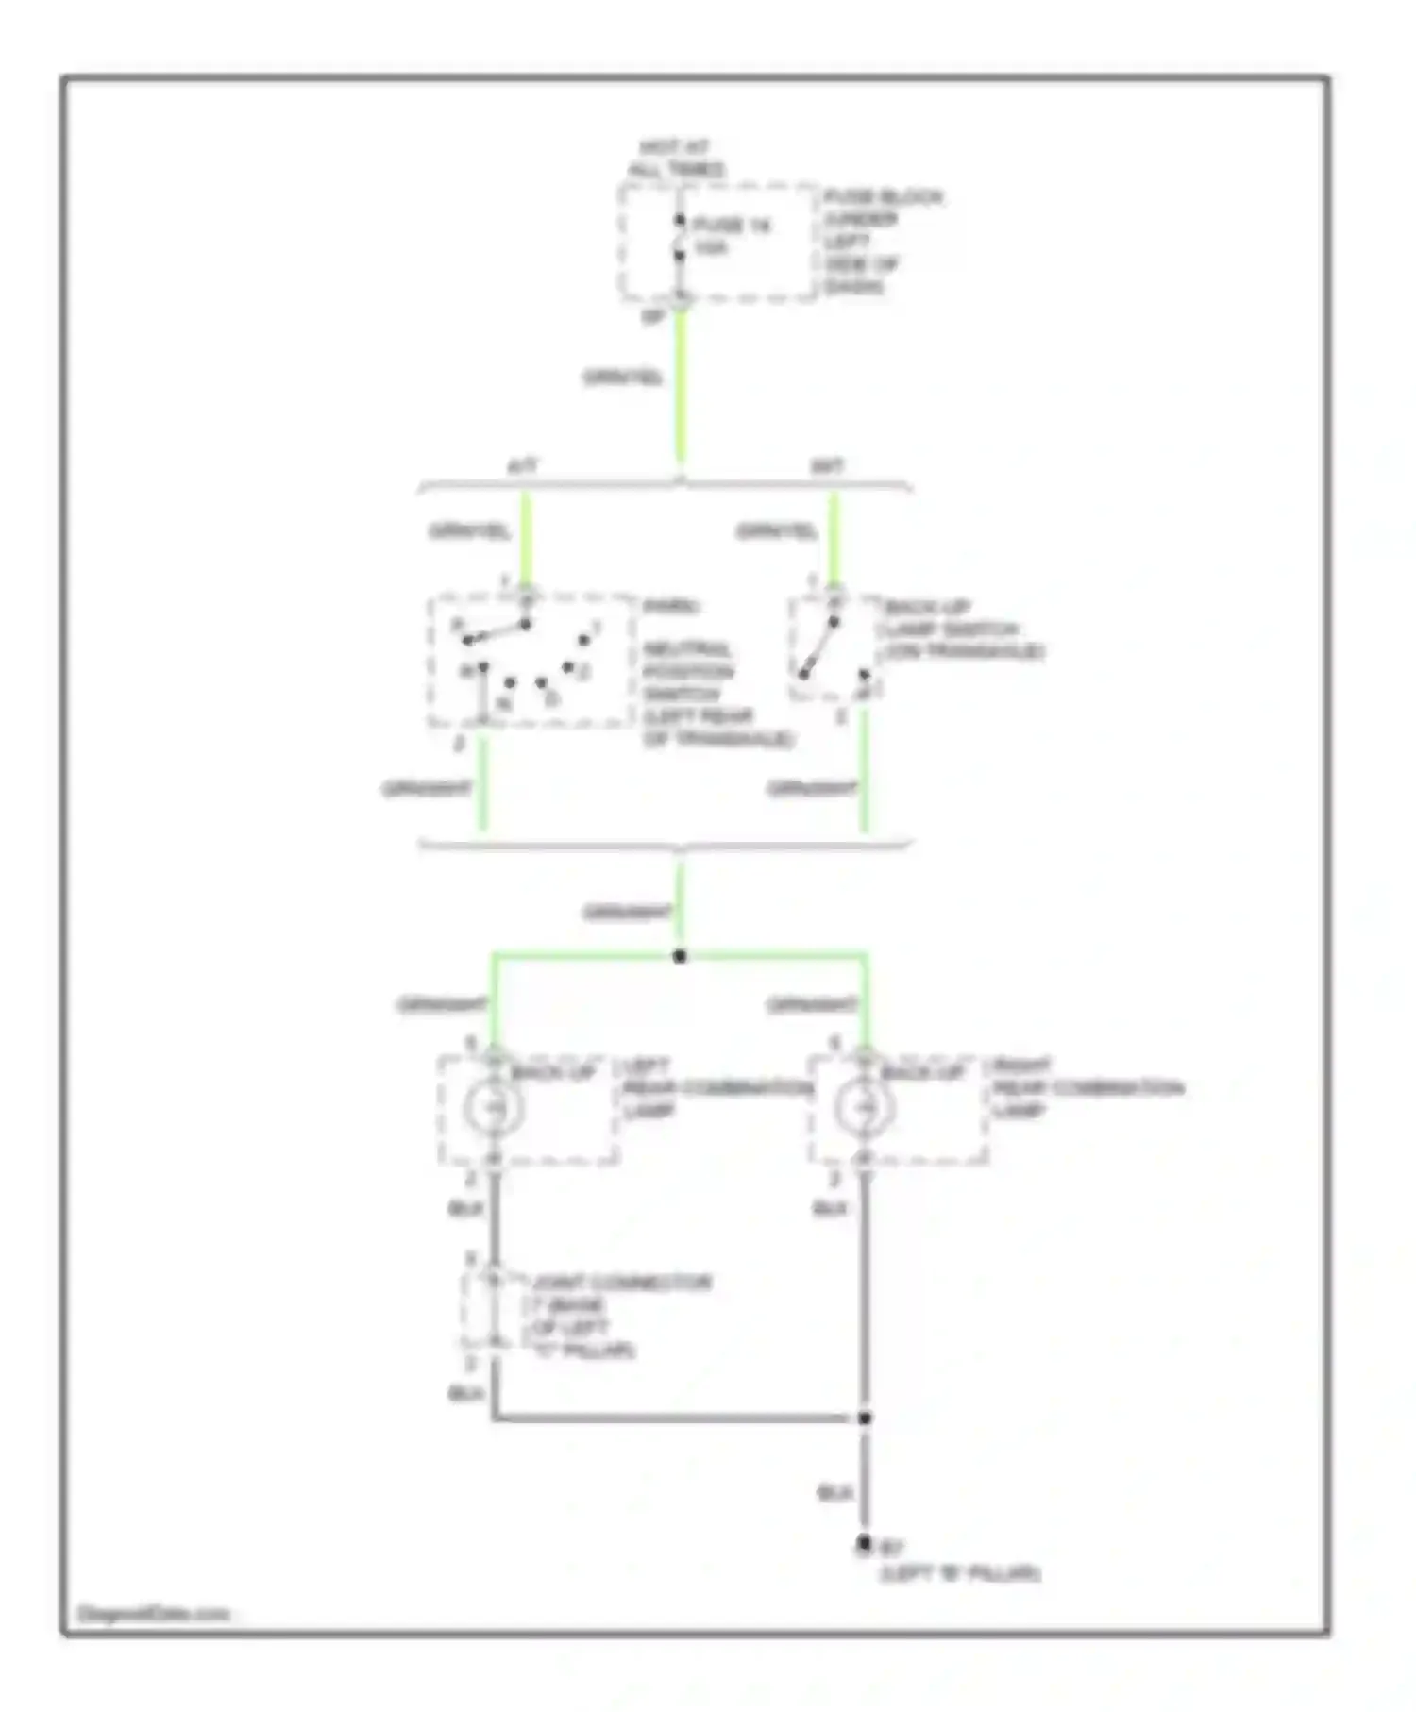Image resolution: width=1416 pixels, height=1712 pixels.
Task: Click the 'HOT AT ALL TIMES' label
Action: (x=676, y=159)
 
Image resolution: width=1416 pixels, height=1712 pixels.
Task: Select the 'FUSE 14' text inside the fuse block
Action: (x=732, y=226)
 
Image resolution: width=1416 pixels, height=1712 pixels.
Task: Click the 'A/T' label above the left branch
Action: (x=522, y=466)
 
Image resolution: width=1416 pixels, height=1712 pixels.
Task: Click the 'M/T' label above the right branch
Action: (x=827, y=466)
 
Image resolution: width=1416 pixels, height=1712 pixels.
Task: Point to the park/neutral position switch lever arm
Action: (x=497, y=632)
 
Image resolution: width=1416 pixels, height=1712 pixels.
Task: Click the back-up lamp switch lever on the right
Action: (x=818, y=648)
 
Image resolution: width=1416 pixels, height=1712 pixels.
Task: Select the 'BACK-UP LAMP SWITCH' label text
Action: (x=962, y=629)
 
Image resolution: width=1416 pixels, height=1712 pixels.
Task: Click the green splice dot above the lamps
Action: (x=680, y=956)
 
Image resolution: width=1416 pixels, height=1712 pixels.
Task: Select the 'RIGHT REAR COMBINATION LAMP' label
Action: (x=1086, y=1087)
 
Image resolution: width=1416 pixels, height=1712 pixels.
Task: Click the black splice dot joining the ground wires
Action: (x=864, y=1418)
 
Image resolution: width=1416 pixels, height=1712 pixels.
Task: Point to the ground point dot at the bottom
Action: (x=863, y=1544)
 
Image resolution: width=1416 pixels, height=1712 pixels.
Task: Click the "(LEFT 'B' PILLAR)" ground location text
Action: (x=960, y=1573)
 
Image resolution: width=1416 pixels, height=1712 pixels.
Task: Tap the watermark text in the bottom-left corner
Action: (x=153, y=1614)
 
